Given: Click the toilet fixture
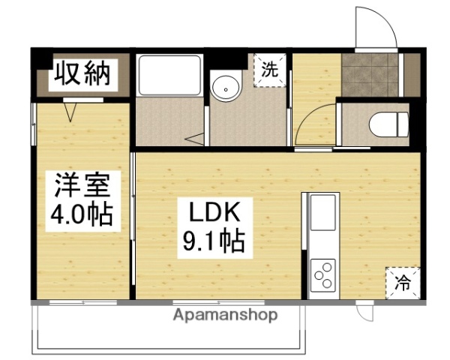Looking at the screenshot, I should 391,124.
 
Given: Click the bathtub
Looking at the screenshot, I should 169,76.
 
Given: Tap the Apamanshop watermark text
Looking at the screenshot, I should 225,316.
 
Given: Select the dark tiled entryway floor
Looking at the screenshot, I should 370,75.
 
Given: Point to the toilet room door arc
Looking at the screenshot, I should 313,124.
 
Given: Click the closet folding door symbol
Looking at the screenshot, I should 73,111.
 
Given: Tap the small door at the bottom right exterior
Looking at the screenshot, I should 365,310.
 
